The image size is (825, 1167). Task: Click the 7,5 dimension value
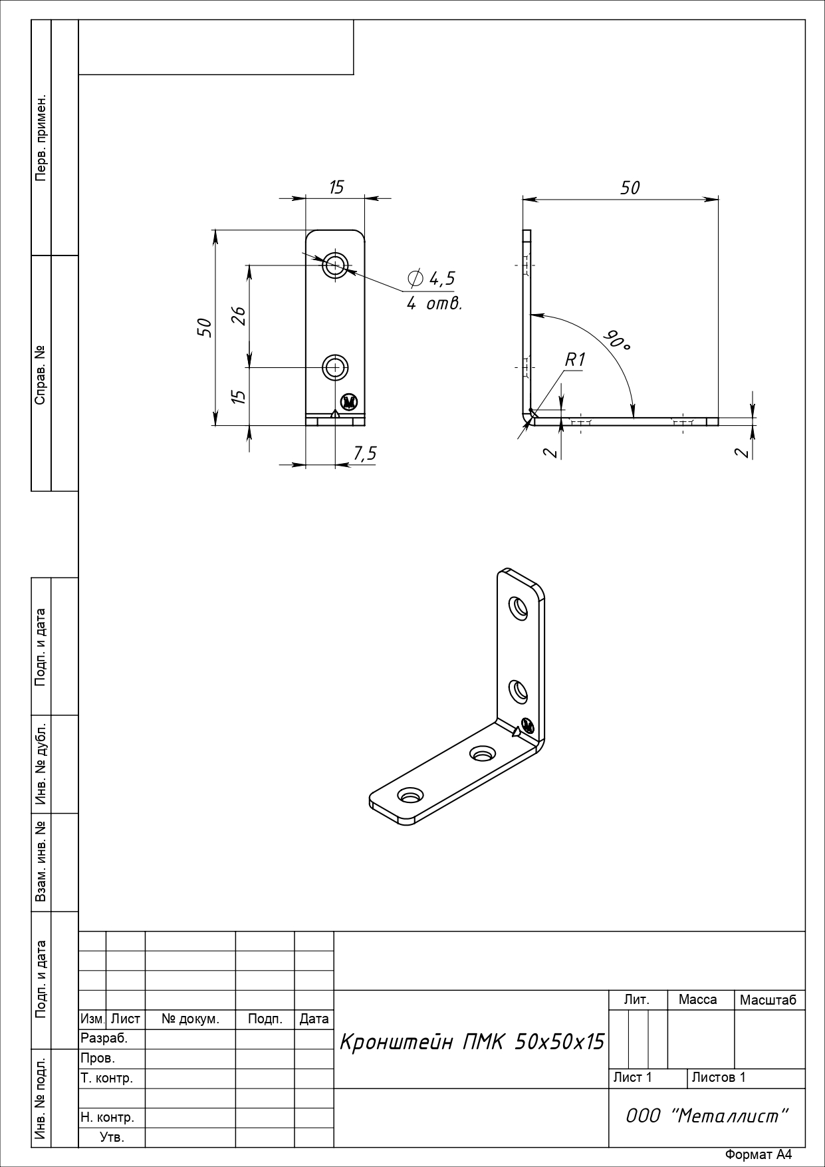(x=364, y=454)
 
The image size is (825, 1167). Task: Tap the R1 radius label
(x=575, y=360)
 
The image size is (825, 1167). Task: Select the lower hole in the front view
(x=336, y=367)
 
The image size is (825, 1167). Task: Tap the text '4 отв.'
(x=434, y=304)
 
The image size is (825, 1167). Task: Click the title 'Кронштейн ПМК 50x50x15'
(x=471, y=1042)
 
